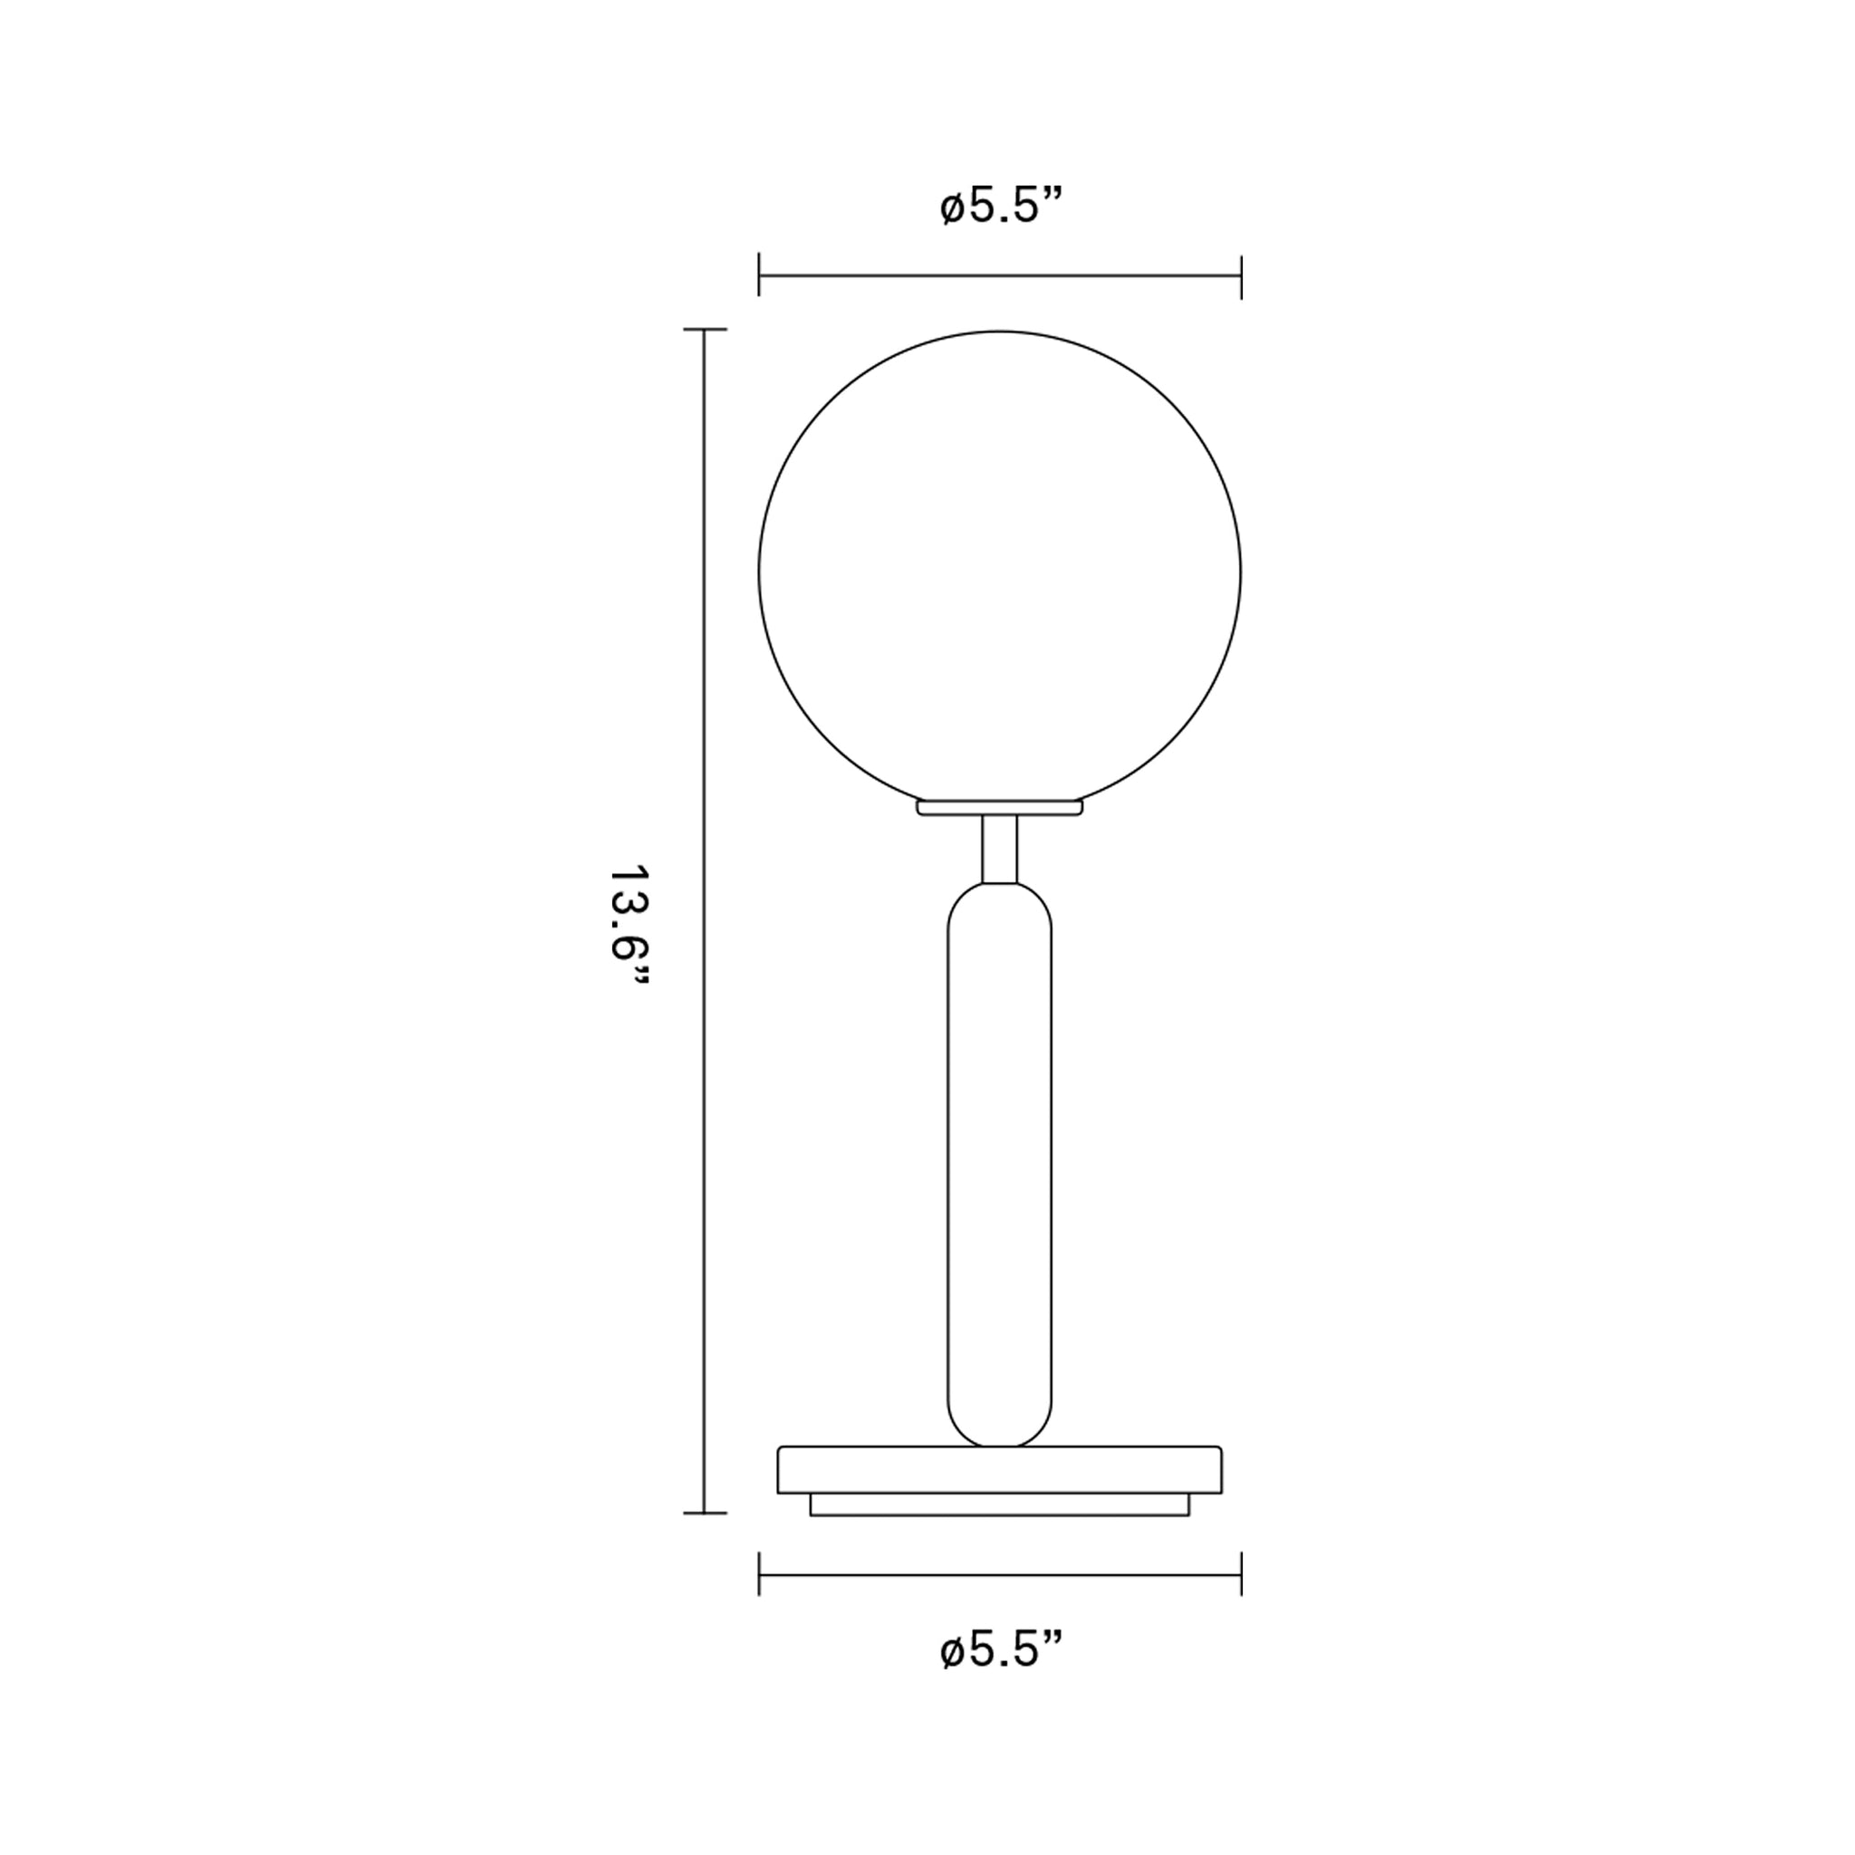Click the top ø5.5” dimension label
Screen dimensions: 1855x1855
(1002, 207)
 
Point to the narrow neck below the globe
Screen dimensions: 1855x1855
(1000, 848)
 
